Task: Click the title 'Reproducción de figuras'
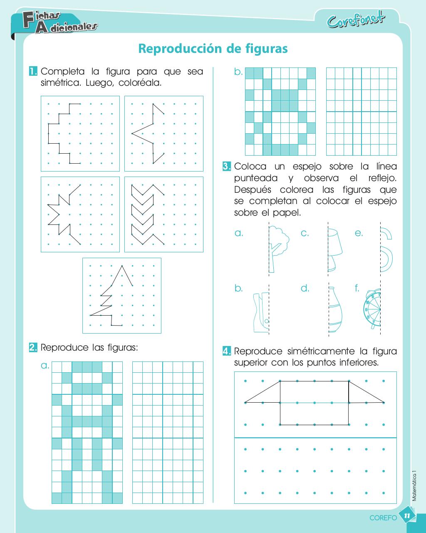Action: pos(213,49)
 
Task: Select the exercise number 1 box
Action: pos(33,71)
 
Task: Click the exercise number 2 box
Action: pos(33,347)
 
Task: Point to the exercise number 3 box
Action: pos(227,167)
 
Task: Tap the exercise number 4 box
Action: pos(227,351)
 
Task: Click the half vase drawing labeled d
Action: pos(335,311)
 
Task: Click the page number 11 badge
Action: pos(407,516)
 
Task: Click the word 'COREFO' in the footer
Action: pos(383,518)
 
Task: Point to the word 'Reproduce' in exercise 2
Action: pos(64,347)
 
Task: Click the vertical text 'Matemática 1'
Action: pos(414,486)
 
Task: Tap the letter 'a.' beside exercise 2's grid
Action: pos(45,366)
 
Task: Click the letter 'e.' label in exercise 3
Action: pos(359,233)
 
